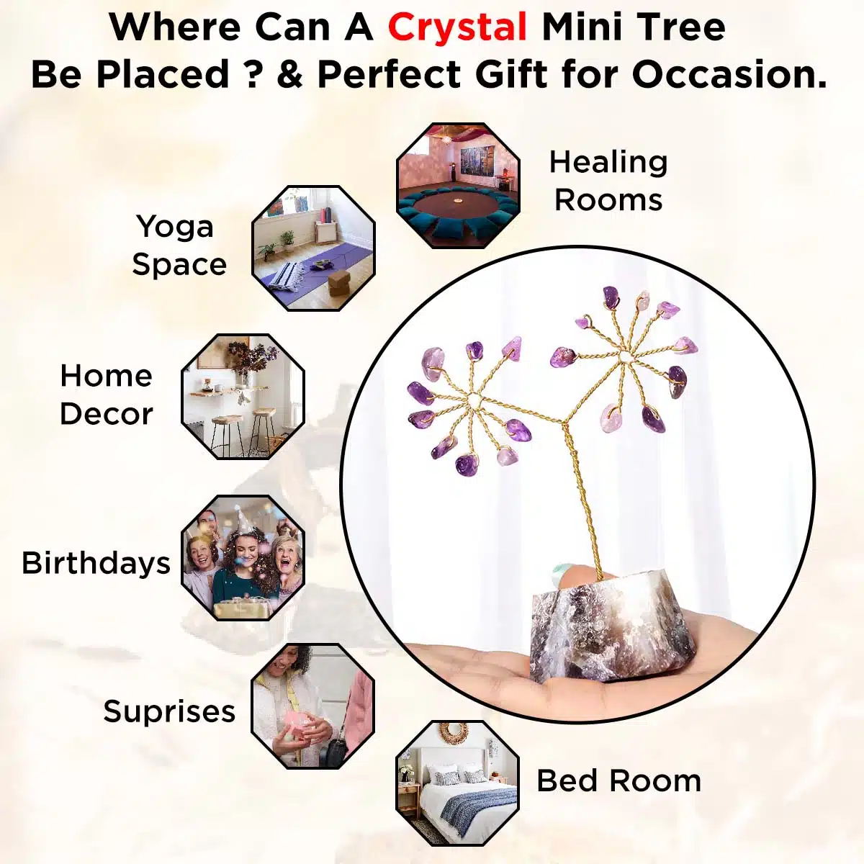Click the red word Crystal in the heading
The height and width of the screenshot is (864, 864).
coord(458,27)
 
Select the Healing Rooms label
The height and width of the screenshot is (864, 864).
coord(608,181)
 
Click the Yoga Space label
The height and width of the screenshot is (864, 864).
coord(179,246)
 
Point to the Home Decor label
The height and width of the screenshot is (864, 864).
coord(107,395)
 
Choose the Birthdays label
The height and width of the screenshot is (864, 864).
coord(96,562)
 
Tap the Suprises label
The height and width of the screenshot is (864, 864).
coord(169,711)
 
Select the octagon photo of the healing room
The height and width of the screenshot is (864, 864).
coord(458,185)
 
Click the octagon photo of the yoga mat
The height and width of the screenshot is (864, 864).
coord(313,248)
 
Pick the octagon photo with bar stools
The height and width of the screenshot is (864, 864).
coord(243,396)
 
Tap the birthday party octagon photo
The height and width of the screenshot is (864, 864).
coord(243,558)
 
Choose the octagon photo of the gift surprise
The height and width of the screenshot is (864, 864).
coord(312,706)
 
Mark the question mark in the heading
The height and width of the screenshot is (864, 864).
coord(251,74)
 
